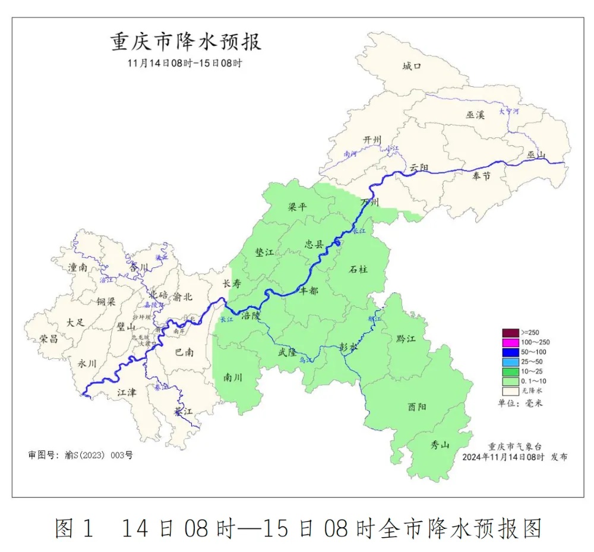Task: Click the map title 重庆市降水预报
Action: pyautogui.click(x=186, y=42)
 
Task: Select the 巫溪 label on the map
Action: pyautogui.click(x=475, y=115)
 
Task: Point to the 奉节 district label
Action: pyautogui.click(x=482, y=176)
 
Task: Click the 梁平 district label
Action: pyautogui.click(x=298, y=207)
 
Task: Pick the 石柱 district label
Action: pyautogui.click(x=358, y=269)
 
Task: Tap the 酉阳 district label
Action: pyautogui.click(x=417, y=407)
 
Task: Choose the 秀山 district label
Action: pyautogui.click(x=440, y=446)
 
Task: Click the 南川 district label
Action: pyautogui.click(x=233, y=377)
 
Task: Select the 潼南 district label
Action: pyautogui.click(x=77, y=268)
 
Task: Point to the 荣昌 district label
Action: pyautogui.click(x=49, y=339)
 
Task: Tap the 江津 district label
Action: pyautogui.click(x=127, y=392)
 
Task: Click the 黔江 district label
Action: pyautogui.click(x=406, y=339)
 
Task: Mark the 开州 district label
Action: pyautogui.click(x=372, y=140)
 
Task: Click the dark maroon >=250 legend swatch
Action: pyautogui.click(x=510, y=332)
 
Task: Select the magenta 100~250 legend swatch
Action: pyautogui.click(x=510, y=342)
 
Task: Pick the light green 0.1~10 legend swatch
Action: pyautogui.click(x=510, y=381)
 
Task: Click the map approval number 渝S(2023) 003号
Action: pyautogui.click(x=80, y=455)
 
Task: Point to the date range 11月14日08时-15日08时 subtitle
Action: pyautogui.click(x=185, y=63)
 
